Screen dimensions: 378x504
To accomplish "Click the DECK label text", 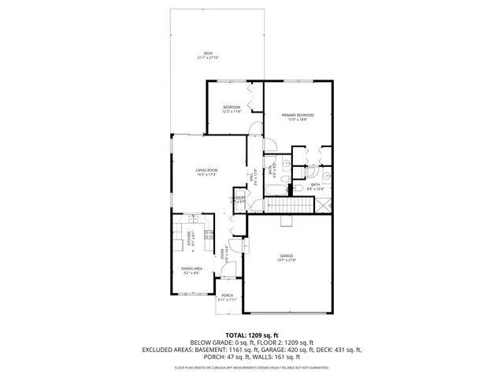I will click(208, 54).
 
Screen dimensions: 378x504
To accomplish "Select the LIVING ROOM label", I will click(206, 170).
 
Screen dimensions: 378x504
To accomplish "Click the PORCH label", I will click(226, 295).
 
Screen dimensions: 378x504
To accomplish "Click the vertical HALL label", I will click(251, 179).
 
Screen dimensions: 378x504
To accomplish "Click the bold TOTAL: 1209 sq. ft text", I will click(251, 335).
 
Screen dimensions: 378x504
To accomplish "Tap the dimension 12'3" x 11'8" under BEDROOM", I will click(231, 112).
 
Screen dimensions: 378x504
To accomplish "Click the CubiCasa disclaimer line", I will click(251, 368).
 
